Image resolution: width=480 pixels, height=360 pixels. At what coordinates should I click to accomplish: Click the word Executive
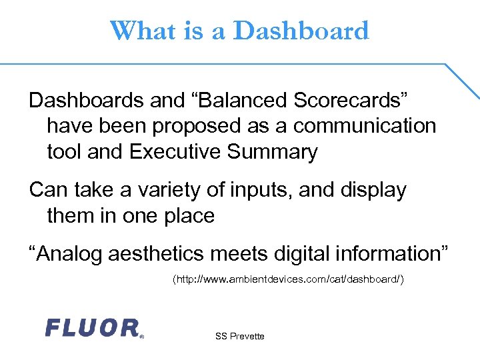point(175,152)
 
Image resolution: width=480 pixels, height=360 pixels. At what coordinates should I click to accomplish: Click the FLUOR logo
point(92,327)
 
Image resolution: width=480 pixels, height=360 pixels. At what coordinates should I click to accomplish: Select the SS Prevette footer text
point(239,336)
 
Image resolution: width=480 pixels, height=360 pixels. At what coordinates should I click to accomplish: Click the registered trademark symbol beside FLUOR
point(141,337)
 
